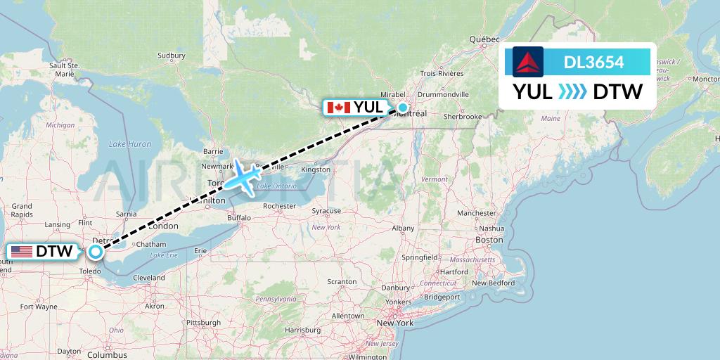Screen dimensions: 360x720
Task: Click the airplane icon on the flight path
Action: point(243,176)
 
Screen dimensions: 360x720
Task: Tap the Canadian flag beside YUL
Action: point(339,108)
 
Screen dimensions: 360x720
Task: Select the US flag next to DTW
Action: point(22,252)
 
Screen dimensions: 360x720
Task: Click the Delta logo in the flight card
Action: point(528,62)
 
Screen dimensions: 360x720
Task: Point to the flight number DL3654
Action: point(593,63)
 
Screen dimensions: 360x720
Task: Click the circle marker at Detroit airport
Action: point(96,250)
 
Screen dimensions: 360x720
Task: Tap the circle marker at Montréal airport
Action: point(402,108)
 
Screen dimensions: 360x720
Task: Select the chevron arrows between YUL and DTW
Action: point(572,91)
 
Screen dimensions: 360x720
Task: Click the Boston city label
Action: point(489,240)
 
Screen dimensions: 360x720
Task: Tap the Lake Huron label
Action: point(130,144)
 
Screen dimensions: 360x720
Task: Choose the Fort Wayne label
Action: point(39,307)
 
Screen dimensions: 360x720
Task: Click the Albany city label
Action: point(403,228)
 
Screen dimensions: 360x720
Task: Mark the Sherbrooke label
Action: point(463,116)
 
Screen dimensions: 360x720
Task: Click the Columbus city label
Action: point(107,355)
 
